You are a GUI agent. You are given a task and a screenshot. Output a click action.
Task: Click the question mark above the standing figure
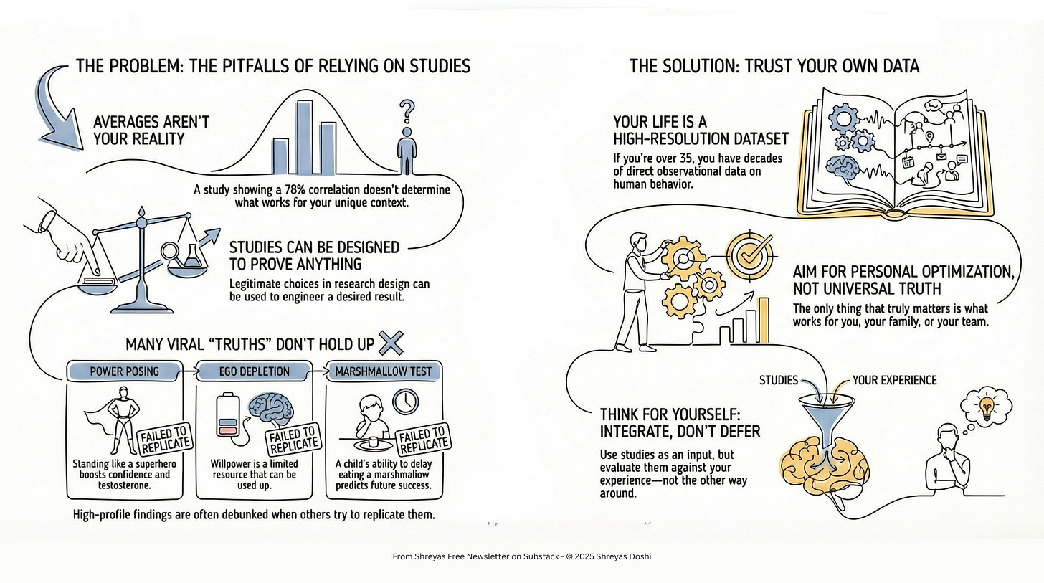407,111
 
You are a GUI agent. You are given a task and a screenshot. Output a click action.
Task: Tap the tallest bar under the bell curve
305,138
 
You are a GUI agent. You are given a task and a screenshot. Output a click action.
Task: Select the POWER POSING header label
125,371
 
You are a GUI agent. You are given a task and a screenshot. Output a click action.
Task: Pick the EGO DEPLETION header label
254,371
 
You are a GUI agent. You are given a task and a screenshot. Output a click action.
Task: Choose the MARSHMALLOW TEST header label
384,371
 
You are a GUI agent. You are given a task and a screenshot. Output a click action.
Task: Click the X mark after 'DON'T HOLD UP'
391,343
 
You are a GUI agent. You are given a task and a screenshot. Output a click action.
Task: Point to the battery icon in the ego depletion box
228,416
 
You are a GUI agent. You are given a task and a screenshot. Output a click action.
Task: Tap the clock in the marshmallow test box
406,402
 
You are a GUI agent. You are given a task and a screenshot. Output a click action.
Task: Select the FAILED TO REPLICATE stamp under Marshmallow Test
423,440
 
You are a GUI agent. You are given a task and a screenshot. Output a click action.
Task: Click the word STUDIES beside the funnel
779,380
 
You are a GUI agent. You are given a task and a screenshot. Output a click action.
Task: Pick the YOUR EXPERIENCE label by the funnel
894,380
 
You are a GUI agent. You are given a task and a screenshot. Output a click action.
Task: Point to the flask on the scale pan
191,255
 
